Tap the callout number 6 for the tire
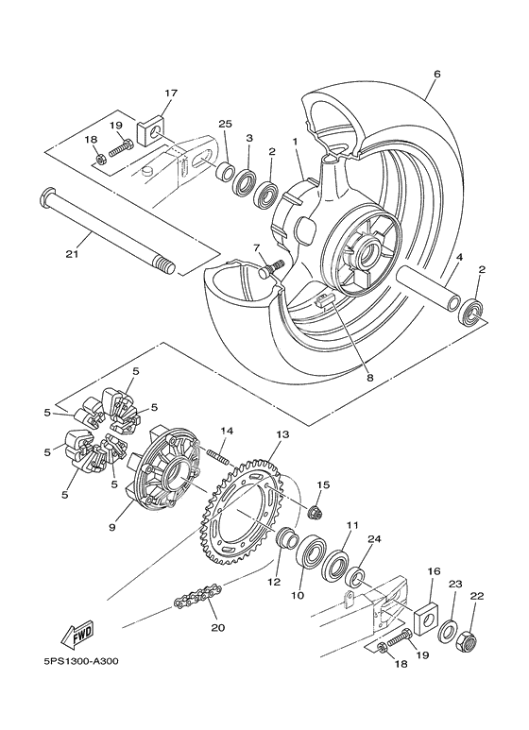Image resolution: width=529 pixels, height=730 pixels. pos(436,73)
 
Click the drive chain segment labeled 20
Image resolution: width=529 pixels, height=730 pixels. pos(197,597)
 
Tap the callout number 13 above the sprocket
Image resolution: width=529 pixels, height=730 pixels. pos(281,434)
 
